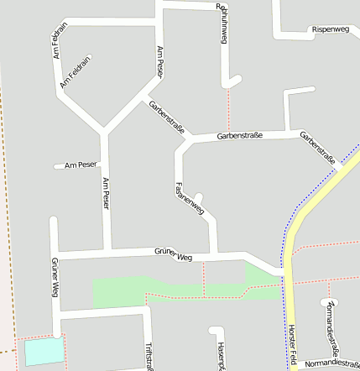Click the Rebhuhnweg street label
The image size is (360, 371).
pyautogui.click(x=224, y=23)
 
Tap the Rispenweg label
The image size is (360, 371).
pyautogui.click(x=330, y=29)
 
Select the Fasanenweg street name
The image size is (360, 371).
pyautogui.click(x=189, y=199)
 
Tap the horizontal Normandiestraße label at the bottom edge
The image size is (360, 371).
pyautogui.click(x=331, y=364)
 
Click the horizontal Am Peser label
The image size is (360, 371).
pyautogui.click(x=81, y=165)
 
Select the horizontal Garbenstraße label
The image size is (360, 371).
pyautogui.click(x=240, y=135)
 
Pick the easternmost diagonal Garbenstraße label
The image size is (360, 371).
pyautogui.click(x=318, y=148)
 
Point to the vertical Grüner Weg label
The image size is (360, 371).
pyautogui.click(x=55, y=277)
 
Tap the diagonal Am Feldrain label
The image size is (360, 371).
pyautogui.click(x=75, y=72)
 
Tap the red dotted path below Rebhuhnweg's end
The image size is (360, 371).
pyautogui.click(x=228, y=109)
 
